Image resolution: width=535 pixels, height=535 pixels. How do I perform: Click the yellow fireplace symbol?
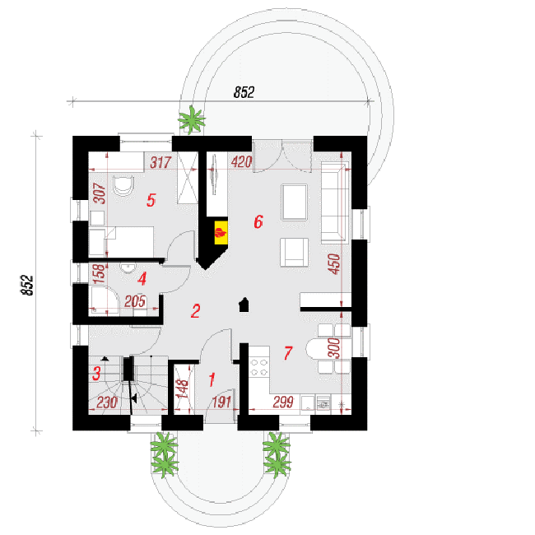pyautogui.click(x=221, y=233)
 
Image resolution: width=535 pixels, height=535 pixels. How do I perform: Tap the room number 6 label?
pyautogui.click(x=258, y=221)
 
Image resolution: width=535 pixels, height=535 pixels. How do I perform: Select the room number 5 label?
pyautogui.click(x=151, y=200)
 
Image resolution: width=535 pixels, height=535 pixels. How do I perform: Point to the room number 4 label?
pyautogui.click(x=142, y=279)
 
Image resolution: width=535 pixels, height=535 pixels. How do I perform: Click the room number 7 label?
pyautogui.click(x=288, y=353)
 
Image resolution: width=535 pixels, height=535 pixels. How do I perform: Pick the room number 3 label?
pyautogui.click(x=96, y=374)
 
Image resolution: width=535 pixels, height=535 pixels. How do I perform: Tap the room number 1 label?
pyautogui.click(x=212, y=379)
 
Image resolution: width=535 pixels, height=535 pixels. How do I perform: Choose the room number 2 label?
pyautogui.click(x=196, y=311)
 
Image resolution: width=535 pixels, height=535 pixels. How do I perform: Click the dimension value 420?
pyautogui.click(x=241, y=162)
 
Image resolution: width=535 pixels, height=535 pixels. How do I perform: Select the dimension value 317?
pyautogui.click(x=160, y=162)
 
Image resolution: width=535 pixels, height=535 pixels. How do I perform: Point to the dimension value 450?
pyautogui.click(x=334, y=263)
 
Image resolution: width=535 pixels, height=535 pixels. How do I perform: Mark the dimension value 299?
pyautogui.click(x=283, y=402)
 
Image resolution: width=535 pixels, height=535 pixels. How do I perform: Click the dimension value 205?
pyautogui.click(x=135, y=301)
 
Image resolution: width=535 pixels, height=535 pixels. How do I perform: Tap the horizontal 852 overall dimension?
pyautogui.click(x=244, y=92)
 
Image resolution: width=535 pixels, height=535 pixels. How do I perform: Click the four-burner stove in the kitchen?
pyautogui.click(x=258, y=367)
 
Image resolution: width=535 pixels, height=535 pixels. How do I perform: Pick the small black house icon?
pyautogui.click(x=244, y=305)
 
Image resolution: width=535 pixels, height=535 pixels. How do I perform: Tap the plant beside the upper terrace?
pyautogui.click(x=192, y=119)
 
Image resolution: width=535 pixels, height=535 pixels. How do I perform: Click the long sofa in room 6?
pyautogui.click(x=335, y=202)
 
